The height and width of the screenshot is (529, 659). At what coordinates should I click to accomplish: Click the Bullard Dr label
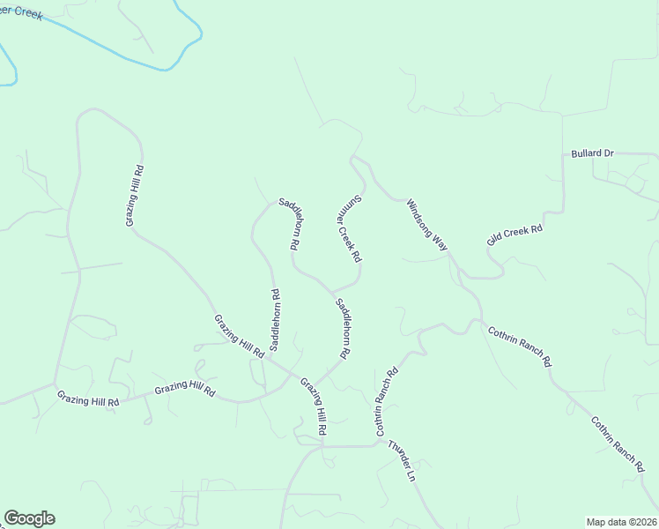pos(591,153)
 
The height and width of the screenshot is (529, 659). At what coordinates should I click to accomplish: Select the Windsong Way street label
pos(427,226)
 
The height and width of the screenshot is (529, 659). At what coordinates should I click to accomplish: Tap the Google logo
pos(29,518)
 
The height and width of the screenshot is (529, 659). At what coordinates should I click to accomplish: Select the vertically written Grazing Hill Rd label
pos(135,195)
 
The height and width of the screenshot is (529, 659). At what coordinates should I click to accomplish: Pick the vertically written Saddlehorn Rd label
pos(275,317)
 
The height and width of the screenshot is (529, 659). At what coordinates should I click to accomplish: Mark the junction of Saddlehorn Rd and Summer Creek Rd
pos(332,290)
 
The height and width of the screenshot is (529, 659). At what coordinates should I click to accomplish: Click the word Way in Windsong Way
pos(440,241)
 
